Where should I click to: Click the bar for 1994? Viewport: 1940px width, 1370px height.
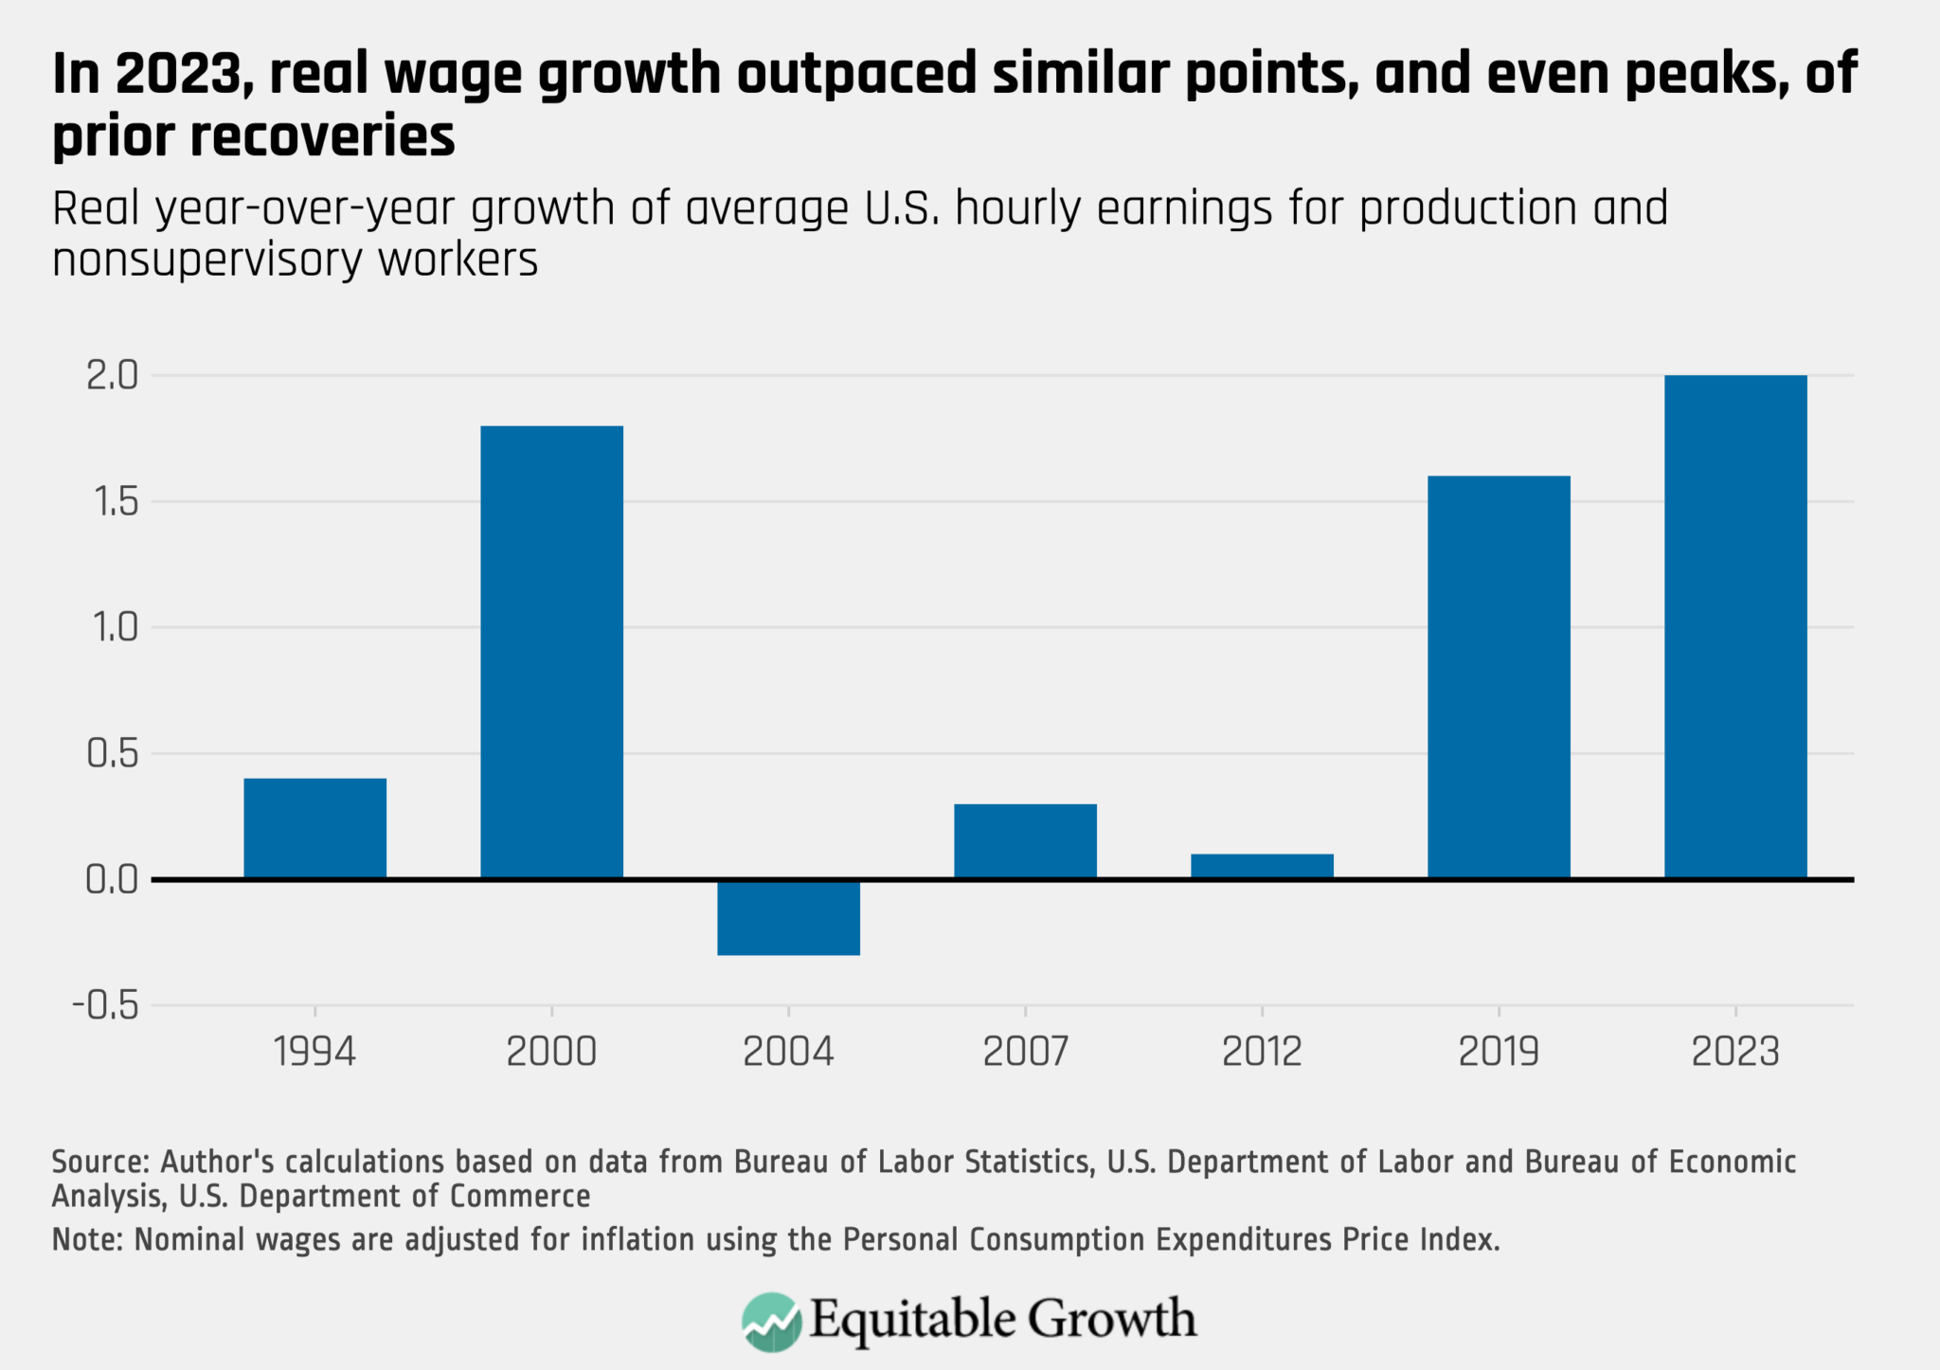pyautogui.click(x=314, y=828)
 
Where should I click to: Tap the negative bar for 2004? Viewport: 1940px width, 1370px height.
pyautogui.click(x=788, y=917)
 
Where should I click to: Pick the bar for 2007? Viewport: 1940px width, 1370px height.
pyautogui.click(x=1025, y=841)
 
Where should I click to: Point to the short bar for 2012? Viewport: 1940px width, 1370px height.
pyautogui.click(x=1262, y=866)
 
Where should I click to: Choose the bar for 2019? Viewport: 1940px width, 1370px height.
pyautogui.click(x=1499, y=676)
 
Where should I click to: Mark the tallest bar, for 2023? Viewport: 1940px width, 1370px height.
pyautogui.click(x=1735, y=626)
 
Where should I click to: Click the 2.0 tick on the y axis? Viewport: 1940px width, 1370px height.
pyautogui.click(x=112, y=376)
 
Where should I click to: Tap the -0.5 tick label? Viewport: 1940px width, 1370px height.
pyautogui.click(x=105, y=1005)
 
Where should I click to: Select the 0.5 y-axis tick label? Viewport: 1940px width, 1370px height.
pyautogui.click(x=112, y=754)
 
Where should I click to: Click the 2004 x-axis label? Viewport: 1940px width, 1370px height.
pyautogui.click(x=788, y=1052)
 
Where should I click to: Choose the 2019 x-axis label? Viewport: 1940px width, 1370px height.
pyautogui.click(x=1499, y=1052)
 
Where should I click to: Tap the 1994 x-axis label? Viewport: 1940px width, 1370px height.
pyautogui.click(x=314, y=1052)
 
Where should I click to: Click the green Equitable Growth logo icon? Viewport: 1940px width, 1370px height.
pyautogui.click(x=771, y=1321)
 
